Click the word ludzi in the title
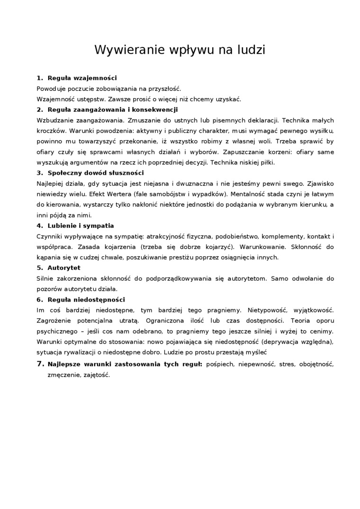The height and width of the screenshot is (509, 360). (249, 50)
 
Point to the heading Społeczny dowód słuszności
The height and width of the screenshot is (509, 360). (96, 173)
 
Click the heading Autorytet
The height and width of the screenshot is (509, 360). (64, 268)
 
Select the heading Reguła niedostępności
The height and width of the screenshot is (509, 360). (86, 299)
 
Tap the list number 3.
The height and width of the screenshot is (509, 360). (40, 173)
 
